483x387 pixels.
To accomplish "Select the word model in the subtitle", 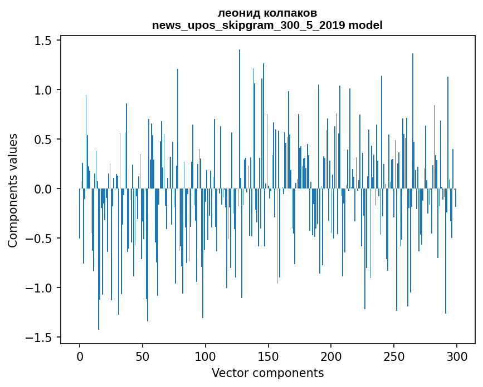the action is point(365,25).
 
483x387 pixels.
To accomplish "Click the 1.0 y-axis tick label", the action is point(43,90).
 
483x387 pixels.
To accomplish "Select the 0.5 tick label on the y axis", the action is point(43,139).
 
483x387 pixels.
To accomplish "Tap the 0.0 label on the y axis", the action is point(43,188).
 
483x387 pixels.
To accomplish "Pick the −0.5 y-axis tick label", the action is point(39,238).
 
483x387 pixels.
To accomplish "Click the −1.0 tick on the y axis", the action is point(39,287).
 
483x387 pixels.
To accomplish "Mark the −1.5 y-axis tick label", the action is point(39,338).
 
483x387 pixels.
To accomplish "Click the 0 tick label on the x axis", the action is point(80,356).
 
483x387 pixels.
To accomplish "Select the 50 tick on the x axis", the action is point(143,356).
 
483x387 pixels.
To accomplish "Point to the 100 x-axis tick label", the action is point(206,356).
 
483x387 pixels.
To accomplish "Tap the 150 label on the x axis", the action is point(269,356).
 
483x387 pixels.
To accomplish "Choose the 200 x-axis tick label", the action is point(331,356).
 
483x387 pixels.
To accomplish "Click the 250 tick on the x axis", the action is point(394,356).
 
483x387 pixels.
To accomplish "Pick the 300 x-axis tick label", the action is point(457,356).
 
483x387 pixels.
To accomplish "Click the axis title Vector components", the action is point(267,373).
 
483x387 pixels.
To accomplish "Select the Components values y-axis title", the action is point(13,191).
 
